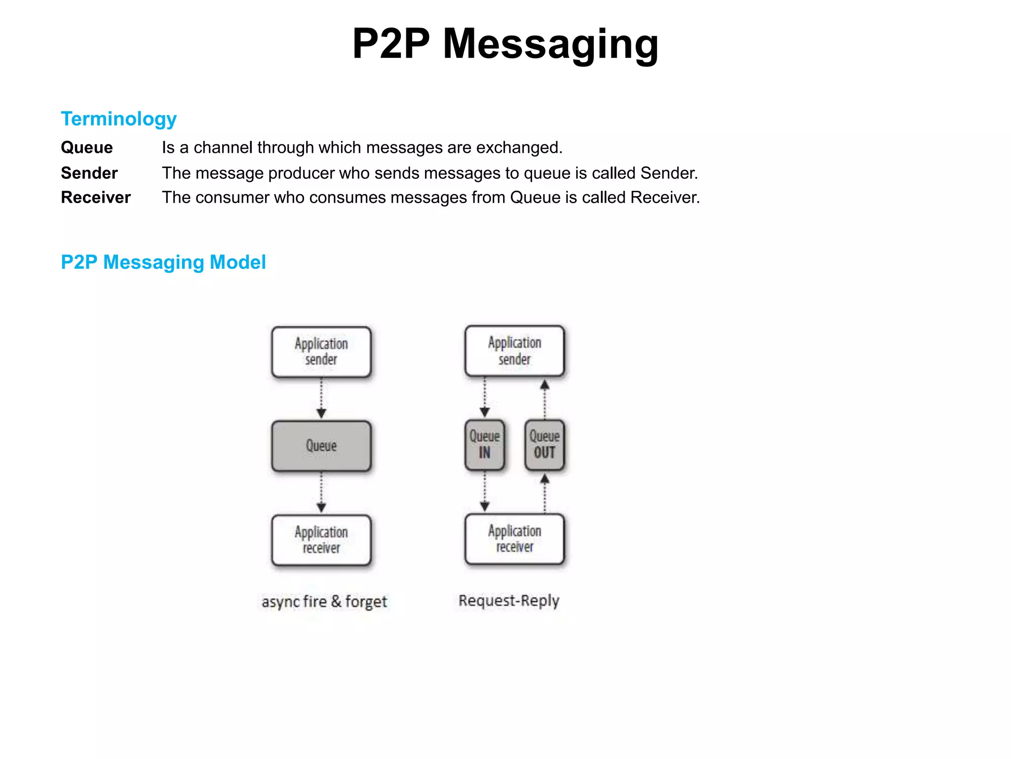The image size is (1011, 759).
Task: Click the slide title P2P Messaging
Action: [x=505, y=44]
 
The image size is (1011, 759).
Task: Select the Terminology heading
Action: [x=118, y=119]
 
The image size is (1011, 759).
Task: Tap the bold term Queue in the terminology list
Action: [x=87, y=148]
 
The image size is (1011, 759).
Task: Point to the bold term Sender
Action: [x=89, y=173]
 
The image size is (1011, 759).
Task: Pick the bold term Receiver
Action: [x=96, y=198]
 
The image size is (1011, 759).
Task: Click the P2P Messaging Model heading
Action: [x=163, y=262]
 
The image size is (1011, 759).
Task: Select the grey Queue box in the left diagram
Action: [x=321, y=446]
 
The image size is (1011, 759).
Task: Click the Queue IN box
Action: [x=485, y=445]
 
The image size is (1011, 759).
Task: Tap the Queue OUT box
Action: [x=544, y=445]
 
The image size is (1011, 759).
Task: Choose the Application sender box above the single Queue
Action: [x=321, y=352]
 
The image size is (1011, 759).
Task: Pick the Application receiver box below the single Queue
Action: [x=321, y=540]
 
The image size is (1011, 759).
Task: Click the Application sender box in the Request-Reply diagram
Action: [x=514, y=351]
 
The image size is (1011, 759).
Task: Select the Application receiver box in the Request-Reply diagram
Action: [x=514, y=539]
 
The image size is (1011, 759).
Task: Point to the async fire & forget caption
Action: [x=324, y=602]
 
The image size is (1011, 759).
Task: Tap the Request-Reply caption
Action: [x=509, y=601]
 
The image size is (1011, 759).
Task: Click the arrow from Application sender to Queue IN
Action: [x=485, y=398]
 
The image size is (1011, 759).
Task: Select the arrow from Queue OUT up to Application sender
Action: [x=544, y=398]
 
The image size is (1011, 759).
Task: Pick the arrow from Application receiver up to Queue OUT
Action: [x=544, y=492]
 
